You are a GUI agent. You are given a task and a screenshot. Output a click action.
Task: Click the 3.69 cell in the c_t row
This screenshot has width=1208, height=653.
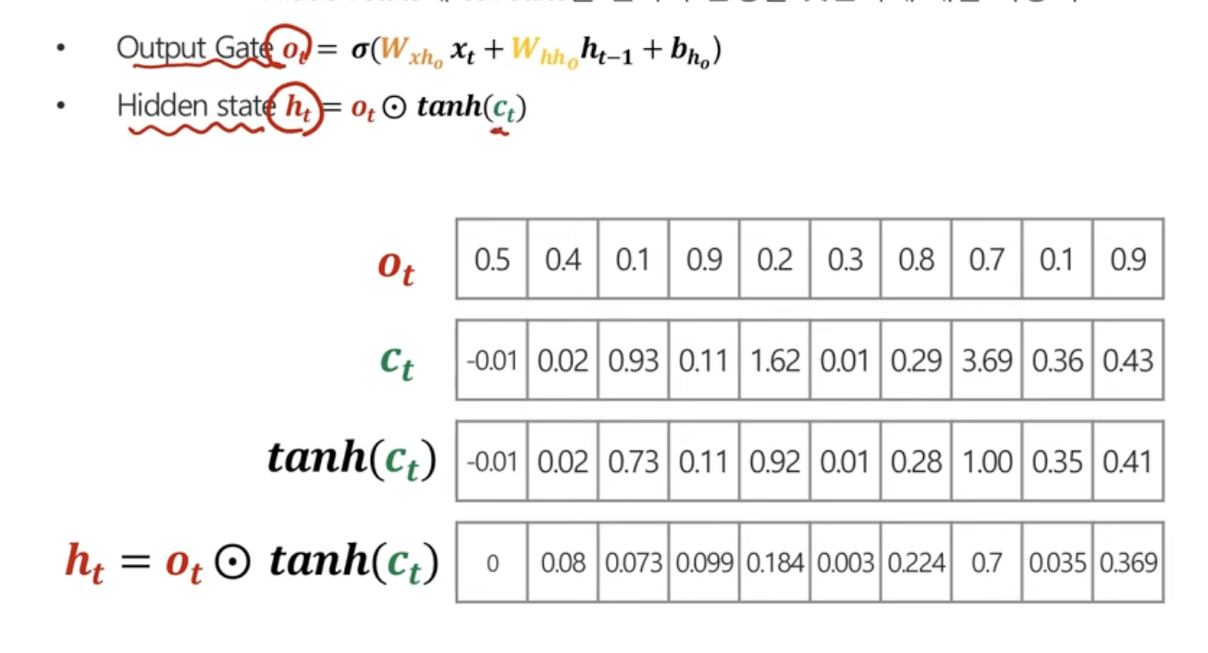coord(987,360)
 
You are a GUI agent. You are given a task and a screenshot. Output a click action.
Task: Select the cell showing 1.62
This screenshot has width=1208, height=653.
coord(775,360)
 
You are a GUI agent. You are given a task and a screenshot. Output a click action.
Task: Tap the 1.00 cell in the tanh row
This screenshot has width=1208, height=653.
coord(987,461)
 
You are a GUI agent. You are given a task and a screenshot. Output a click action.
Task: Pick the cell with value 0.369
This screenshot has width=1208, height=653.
coord(1128,562)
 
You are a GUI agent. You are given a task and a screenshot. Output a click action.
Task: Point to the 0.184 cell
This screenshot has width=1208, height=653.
coord(775,562)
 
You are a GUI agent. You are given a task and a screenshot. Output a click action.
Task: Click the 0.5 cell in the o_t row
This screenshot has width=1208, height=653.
coord(492,259)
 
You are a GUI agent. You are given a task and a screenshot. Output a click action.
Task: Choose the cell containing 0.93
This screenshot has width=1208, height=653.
coord(634,360)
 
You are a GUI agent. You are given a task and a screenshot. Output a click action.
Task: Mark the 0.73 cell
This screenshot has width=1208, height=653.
coord(634,461)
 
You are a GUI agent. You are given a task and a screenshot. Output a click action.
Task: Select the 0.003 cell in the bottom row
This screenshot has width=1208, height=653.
coord(845,562)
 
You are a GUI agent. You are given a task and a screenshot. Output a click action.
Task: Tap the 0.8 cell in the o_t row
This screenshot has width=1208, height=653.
coord(916,259)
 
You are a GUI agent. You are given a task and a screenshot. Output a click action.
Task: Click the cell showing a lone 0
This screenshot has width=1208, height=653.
coord(492,562)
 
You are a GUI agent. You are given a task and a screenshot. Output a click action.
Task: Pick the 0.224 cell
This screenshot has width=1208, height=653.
coord(916,562)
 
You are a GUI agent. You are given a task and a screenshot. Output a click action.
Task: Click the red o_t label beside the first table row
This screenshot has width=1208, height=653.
coord(396,264)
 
